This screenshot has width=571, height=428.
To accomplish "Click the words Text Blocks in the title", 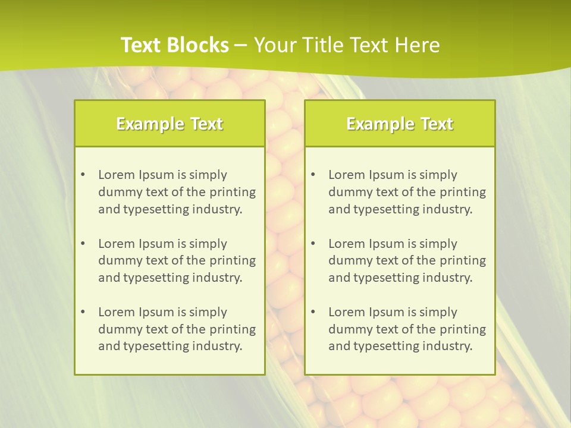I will (x=175, y=45).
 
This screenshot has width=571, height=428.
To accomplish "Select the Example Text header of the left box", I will (x=170, y=124).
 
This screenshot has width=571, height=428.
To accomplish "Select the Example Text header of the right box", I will (x=400, y=124).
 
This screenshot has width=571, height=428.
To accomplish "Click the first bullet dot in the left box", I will (x=83, y=175).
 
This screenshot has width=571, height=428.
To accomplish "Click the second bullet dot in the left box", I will (x=83, y=244).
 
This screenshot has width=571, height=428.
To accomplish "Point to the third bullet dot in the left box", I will (x=83, y=312).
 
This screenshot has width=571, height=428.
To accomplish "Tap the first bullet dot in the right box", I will (x=313, y=175).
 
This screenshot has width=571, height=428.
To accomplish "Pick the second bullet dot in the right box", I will (x=313, y=244).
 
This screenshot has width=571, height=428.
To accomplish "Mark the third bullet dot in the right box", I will (x=313, y=312).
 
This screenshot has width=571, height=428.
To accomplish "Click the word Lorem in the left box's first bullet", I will (x=117, y=175).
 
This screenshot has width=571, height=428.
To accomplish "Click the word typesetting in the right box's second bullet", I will (x=381, y=278).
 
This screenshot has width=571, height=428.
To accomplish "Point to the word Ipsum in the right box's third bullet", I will (x=388, y=312).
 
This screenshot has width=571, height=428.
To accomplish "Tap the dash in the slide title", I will (x=241, y=45).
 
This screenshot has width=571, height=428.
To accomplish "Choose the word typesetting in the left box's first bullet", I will (x=151, y=209).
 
